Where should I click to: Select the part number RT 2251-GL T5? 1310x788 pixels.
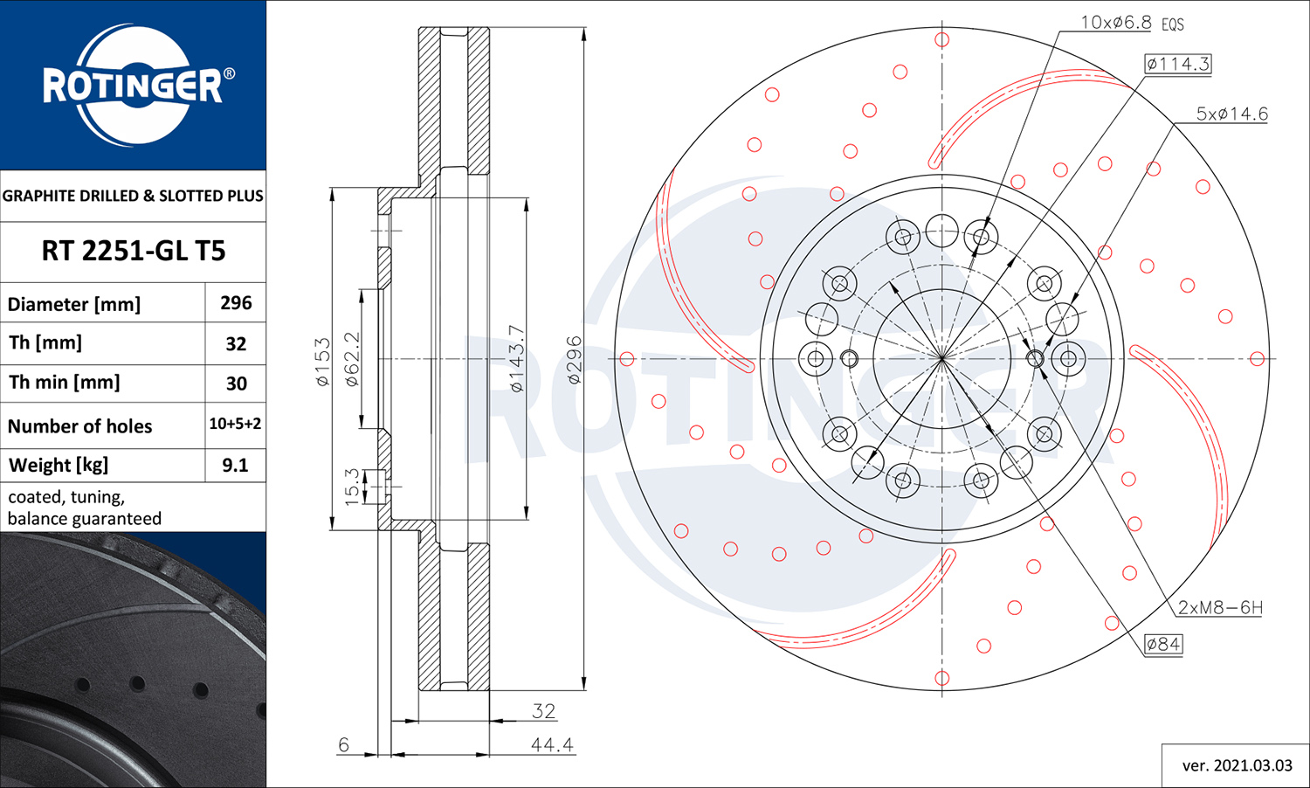point(134,251)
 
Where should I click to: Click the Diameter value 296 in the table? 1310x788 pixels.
point(236,303)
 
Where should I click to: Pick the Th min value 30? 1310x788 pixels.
point(237,384)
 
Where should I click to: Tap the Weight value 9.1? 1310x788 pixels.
point(235,465)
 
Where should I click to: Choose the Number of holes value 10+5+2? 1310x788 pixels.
point(235,424)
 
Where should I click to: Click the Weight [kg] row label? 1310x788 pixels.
point(59,466)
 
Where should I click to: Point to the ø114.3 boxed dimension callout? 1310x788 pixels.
point(1178,64)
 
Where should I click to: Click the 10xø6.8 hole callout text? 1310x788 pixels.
point(1116,23)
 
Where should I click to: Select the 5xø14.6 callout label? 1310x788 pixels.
point(1231,114)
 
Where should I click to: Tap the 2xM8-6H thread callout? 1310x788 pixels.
point(1220,608)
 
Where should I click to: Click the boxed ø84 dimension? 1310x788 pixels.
point(1163,644)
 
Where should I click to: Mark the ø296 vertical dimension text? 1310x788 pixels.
point(575,360)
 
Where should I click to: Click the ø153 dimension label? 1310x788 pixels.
point(323,362)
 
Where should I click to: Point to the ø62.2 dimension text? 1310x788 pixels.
point(352,359)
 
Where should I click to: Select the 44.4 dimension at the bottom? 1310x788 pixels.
point(552,744)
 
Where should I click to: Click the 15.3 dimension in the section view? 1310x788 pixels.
point(351,487)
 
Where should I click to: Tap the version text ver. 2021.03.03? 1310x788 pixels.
point(1237,766)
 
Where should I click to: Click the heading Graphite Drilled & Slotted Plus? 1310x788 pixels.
point(133,196)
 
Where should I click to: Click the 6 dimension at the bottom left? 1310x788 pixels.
point(343,744)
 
